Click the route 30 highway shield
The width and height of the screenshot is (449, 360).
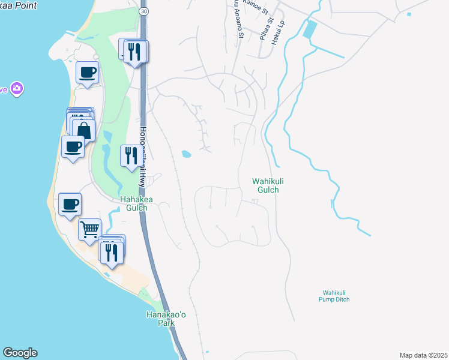[x=142, y=11]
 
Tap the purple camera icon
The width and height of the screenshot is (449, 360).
[x=16, y=89]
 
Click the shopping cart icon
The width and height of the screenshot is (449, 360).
[x=89, y=229]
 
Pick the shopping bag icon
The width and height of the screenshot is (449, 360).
[x=83, y=130]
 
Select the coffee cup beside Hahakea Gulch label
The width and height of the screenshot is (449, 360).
[x=70, y=203]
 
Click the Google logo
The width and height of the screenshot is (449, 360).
[x=20, y=353]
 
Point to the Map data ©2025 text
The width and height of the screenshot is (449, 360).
[x=423, y=355]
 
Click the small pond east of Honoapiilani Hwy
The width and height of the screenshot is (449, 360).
[x=186, y=154]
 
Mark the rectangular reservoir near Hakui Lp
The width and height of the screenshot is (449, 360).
[x=310, y=29]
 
